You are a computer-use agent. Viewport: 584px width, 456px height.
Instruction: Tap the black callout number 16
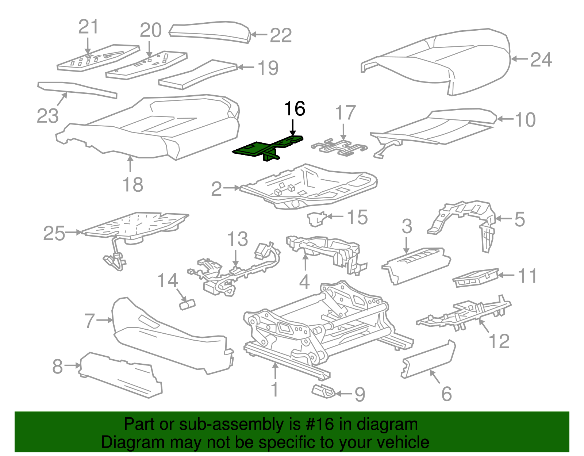[294, 109]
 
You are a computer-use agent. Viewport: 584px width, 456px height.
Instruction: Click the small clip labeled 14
[187, 304]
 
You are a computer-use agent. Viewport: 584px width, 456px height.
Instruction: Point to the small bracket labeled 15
[316, 219]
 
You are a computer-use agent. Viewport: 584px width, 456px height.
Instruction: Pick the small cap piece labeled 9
[323, 391]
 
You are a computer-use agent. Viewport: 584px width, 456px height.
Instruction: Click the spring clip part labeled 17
[339, 147]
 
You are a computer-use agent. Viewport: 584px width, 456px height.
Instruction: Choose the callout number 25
[54, 233]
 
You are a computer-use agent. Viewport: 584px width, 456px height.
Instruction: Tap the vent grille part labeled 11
[474, 278]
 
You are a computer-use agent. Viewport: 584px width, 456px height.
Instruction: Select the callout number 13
[237, 239]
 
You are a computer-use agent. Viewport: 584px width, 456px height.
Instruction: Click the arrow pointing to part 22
[260, 35]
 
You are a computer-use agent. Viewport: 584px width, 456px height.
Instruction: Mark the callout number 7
[90, 321]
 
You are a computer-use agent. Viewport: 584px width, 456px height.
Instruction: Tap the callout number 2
[216, 189]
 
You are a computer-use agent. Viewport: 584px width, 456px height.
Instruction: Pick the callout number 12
[499, 341]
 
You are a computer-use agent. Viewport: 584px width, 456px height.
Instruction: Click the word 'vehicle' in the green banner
[403, 442]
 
